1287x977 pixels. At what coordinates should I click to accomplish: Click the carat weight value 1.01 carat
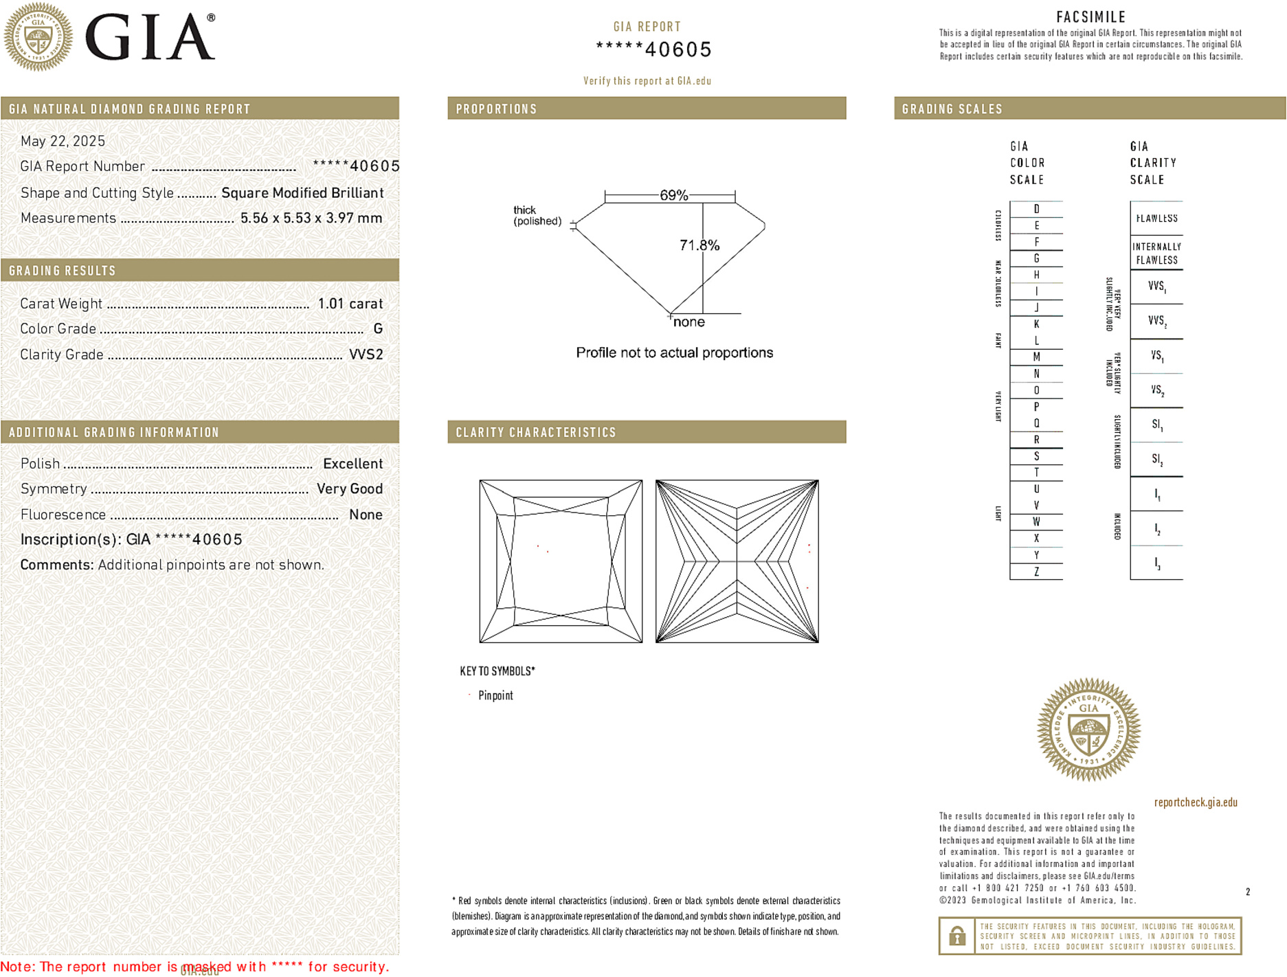click(350, 304)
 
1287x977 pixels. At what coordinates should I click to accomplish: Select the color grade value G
click(378, 329)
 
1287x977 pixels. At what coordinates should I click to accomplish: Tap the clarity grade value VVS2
click(366, 355)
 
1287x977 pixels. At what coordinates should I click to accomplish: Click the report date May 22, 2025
click(63, 141)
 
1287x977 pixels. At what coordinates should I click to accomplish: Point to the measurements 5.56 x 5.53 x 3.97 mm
click(311, 218)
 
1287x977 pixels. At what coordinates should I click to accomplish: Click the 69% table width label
click(673, 195)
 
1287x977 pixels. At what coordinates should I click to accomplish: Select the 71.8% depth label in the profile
click(699, 245)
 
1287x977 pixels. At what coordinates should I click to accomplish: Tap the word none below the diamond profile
click(689, 322)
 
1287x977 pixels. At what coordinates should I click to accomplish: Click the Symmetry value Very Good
click(349, 489)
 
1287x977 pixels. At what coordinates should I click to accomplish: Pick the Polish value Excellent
click(352, 464)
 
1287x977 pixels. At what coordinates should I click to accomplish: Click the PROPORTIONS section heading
click(496, 109)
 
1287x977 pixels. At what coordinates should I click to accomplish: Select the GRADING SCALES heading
click(952, 109)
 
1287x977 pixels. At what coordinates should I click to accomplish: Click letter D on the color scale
click(1036, 209)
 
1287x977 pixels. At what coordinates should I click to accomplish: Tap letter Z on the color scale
click(1036, 572)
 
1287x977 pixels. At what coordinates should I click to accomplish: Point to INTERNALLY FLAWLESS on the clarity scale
click(1156, 254)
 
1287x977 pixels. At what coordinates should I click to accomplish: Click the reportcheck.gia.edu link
click(1196, 802)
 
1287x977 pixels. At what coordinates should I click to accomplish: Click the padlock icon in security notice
click(956, 936)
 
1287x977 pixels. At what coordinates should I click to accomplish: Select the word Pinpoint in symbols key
click(495, 695)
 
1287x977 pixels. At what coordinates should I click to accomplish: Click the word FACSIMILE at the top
click(1090, 17)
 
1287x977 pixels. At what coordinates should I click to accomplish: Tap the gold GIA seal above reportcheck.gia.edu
click(1088, 730)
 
